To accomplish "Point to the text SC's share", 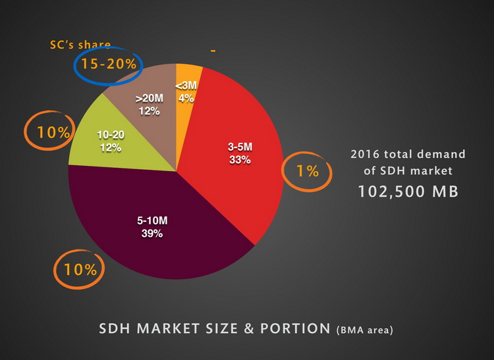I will point(81,45).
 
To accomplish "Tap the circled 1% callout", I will point(308,171).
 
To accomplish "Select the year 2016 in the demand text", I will point(364,155).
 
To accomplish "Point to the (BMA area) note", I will point(364,330).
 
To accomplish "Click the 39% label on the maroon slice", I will point(153,234).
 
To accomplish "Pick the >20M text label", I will point(150,99).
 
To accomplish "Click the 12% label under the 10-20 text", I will point(111,147).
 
